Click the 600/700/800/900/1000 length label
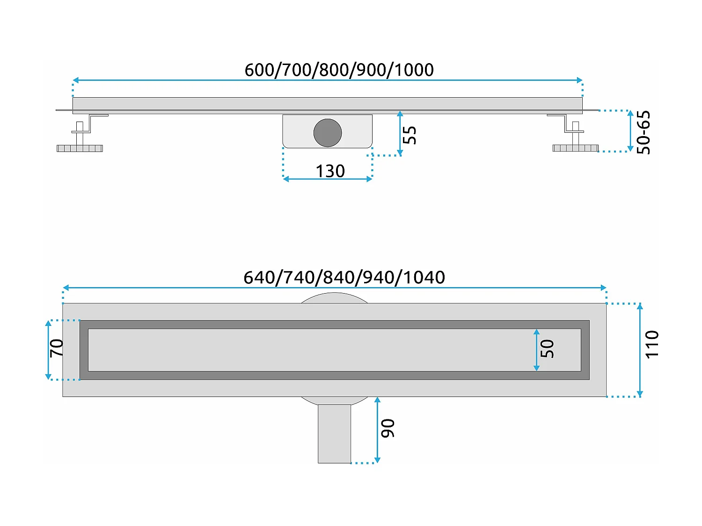339,70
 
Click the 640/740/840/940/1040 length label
344,277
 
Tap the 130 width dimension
330,171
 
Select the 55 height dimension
410,135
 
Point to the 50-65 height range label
644,132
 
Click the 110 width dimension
652,345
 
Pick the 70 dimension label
57,348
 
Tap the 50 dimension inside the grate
547,349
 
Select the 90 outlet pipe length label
388,428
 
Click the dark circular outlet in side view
328,133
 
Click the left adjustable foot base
80,148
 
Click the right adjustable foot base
575,148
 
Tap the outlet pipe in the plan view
334,434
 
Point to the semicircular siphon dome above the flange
334,298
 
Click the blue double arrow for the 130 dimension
328,179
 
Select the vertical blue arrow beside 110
640,350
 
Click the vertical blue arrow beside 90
377,430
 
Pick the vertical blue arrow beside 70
48,350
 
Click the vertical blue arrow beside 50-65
630,131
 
